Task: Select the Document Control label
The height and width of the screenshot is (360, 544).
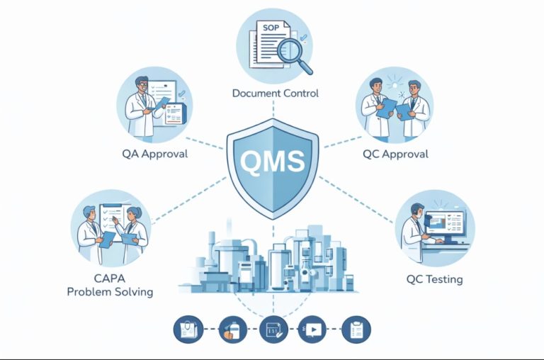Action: click(x=276, y=93)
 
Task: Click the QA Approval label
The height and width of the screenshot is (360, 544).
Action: click(x=154, y=153)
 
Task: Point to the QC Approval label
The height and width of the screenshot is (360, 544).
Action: click(x=396, y=153)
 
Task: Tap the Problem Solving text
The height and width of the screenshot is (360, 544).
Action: click(x=109, y=292)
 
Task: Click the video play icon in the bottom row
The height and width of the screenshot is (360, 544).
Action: click(x=312, y=330)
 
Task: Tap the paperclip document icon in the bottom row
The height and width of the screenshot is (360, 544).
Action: click(x=188, y=330)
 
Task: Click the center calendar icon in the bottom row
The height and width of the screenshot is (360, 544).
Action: click(x=271, y=330)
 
